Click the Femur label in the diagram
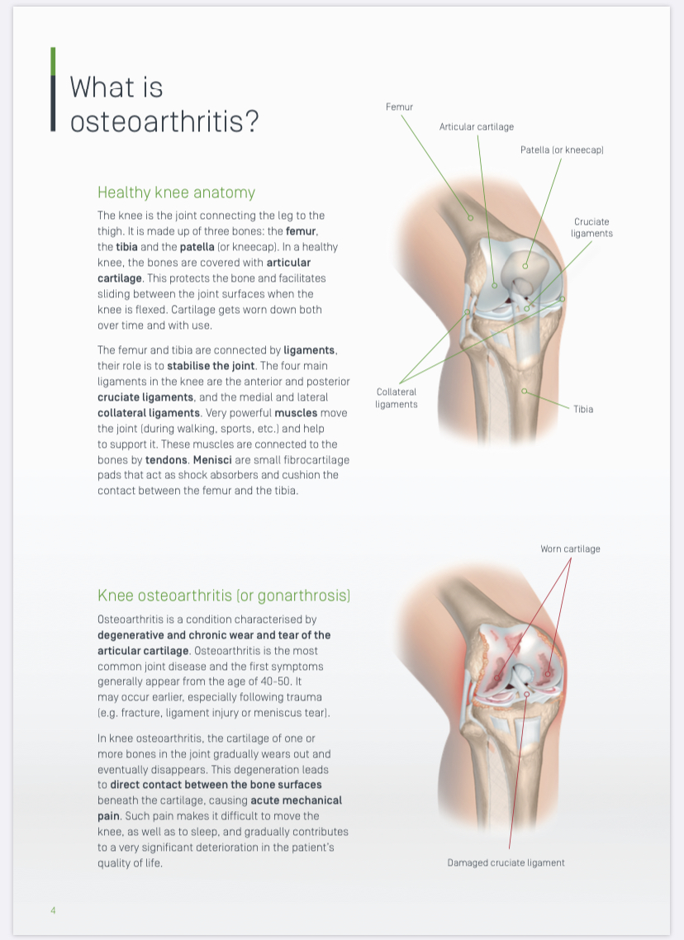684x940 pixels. (x=399, y=107)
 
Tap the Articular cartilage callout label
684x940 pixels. (x=477, y=126)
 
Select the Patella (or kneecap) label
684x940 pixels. (x=562, y=150)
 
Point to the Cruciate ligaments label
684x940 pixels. (x=591, y=227)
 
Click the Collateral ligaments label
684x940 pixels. (x=397, y=398)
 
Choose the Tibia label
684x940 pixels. (x=583, y=409)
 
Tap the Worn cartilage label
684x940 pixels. (x=570, y=548)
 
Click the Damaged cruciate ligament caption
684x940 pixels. (x=506, y=862)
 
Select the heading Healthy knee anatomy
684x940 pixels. (x=176, y=192)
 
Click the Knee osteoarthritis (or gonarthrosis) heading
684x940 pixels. (x=224, y=596)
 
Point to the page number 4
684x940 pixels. (x=53, y=910)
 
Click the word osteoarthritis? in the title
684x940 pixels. (x=164, y=121)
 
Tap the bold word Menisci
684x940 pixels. (x=212, y=460)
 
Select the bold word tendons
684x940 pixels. (x=166, y=460)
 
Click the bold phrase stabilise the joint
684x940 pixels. (x=211, y=366)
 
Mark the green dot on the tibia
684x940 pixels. (x=524, y=391)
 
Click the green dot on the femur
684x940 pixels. (x=471, y=217)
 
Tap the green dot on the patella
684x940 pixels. (x=525, y=266)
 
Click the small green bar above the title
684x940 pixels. (x=54, y=61)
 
